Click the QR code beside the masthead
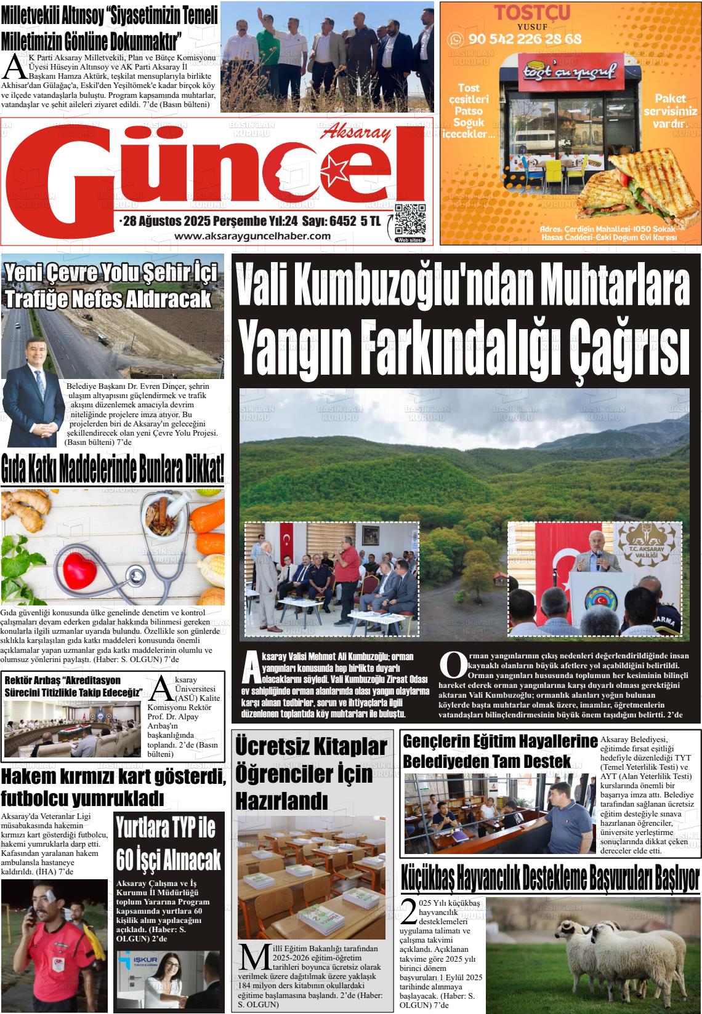(x=410, y=219)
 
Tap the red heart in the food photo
(x=81, y=564)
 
